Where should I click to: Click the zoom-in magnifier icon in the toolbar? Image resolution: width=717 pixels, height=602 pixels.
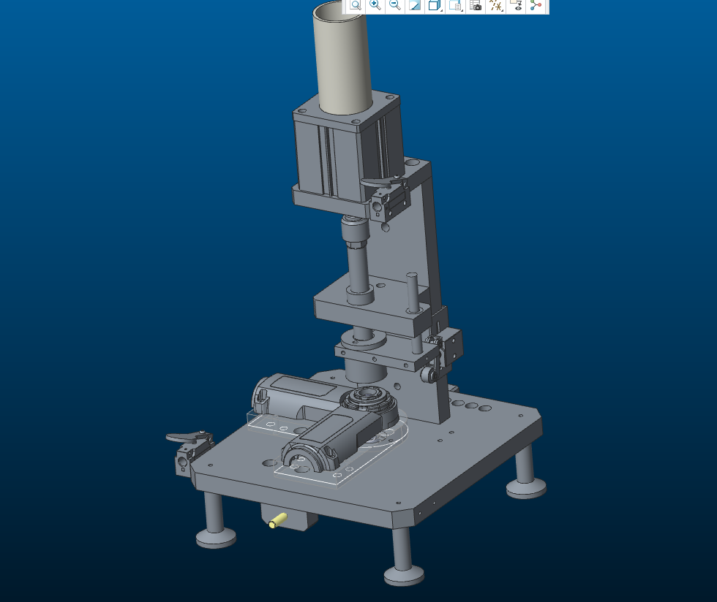(375, 5)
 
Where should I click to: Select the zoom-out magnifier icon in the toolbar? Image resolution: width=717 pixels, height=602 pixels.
(394, 5)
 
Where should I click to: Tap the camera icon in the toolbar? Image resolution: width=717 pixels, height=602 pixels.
(476, 5)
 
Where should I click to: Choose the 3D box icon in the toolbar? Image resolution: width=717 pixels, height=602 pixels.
(434, 5)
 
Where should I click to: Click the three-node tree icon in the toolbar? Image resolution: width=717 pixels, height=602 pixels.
(536, 5)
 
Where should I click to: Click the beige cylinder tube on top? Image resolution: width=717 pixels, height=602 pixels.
(342, 58)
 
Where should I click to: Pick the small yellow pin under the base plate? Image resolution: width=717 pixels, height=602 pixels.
(277, 520)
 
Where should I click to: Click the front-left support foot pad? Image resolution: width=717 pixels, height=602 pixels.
(216, 538)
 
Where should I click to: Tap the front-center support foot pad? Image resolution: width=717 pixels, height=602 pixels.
(403, 576)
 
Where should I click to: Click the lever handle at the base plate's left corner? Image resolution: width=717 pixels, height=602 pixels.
(183, 438)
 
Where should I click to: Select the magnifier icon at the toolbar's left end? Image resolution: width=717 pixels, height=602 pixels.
(355, 5)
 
